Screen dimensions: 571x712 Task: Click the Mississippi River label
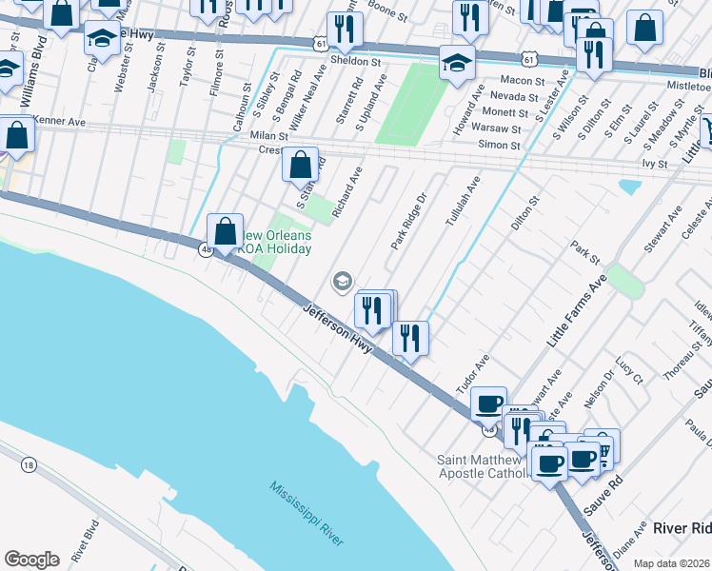(x=306, y=514)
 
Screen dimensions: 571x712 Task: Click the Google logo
(x=31, y=560)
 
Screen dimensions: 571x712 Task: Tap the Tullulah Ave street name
(x=464, y=200)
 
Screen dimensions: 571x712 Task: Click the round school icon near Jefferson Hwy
(x=342, y=281)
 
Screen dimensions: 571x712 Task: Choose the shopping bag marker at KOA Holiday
(x=225, y=232)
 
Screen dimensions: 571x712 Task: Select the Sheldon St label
(x=355, y=61)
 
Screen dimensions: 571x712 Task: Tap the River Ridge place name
(x=682, y=528)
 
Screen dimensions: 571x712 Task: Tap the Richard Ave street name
(x=346, y=190)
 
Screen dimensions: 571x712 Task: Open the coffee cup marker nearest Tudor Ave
(x=488, y=404)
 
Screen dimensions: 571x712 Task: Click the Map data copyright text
(x=672, y=563)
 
